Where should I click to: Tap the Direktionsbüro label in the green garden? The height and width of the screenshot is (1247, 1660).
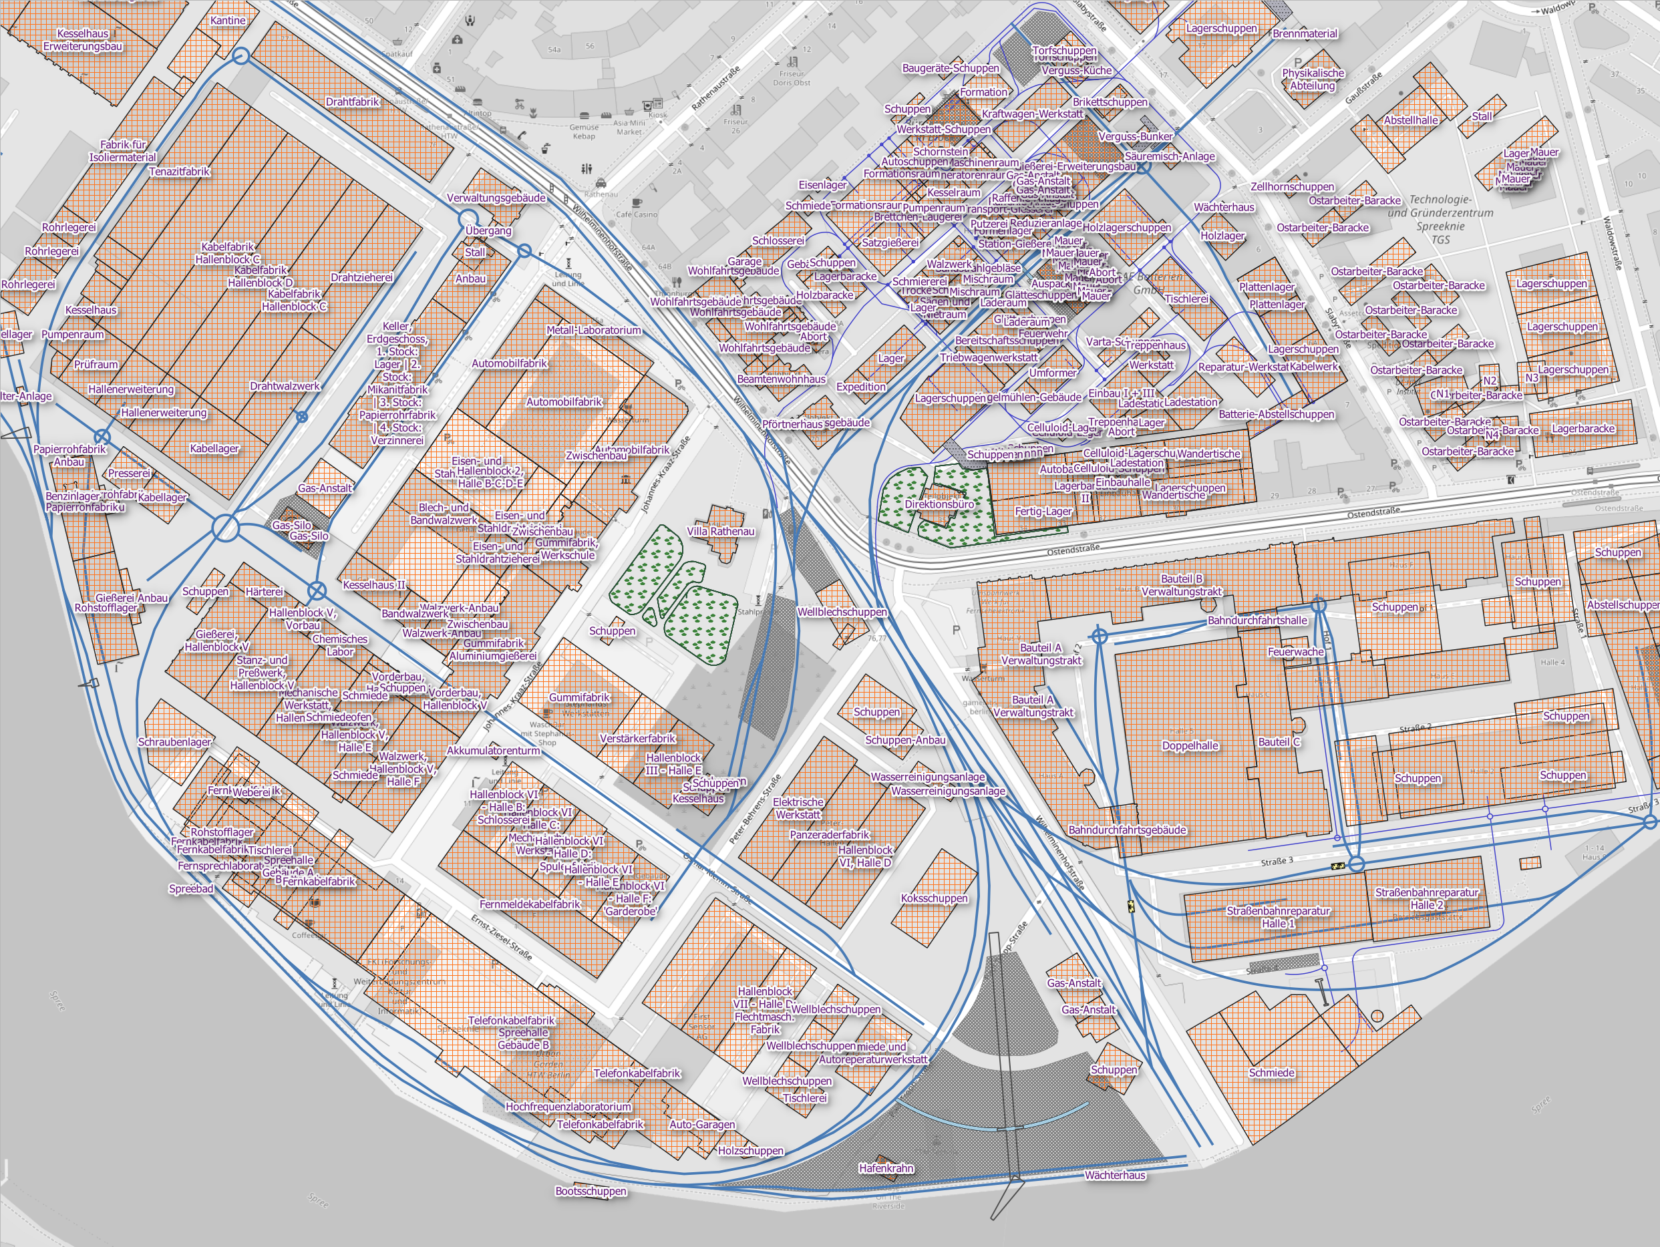939,504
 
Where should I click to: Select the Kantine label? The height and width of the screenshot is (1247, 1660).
227,20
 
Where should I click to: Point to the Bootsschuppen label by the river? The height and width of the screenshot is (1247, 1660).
591,1191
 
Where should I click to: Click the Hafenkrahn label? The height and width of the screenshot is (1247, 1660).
886,1168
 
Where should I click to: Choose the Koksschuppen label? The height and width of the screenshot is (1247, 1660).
934,898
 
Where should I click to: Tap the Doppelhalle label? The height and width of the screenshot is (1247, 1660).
1190,746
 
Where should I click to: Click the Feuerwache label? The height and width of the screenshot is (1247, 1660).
1295,652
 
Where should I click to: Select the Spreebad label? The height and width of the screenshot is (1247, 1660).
190,888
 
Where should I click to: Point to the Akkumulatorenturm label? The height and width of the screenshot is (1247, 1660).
493,750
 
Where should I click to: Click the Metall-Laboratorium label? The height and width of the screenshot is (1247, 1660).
594,330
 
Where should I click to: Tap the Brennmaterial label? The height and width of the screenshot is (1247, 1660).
1305,34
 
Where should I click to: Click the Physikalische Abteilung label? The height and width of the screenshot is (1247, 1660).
1313,79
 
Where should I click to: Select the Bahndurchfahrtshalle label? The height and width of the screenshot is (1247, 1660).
1257,620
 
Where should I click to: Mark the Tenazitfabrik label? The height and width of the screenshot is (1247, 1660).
179,171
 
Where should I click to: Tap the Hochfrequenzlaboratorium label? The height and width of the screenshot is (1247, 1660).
568,1106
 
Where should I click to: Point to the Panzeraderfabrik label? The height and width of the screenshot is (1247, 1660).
829,834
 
